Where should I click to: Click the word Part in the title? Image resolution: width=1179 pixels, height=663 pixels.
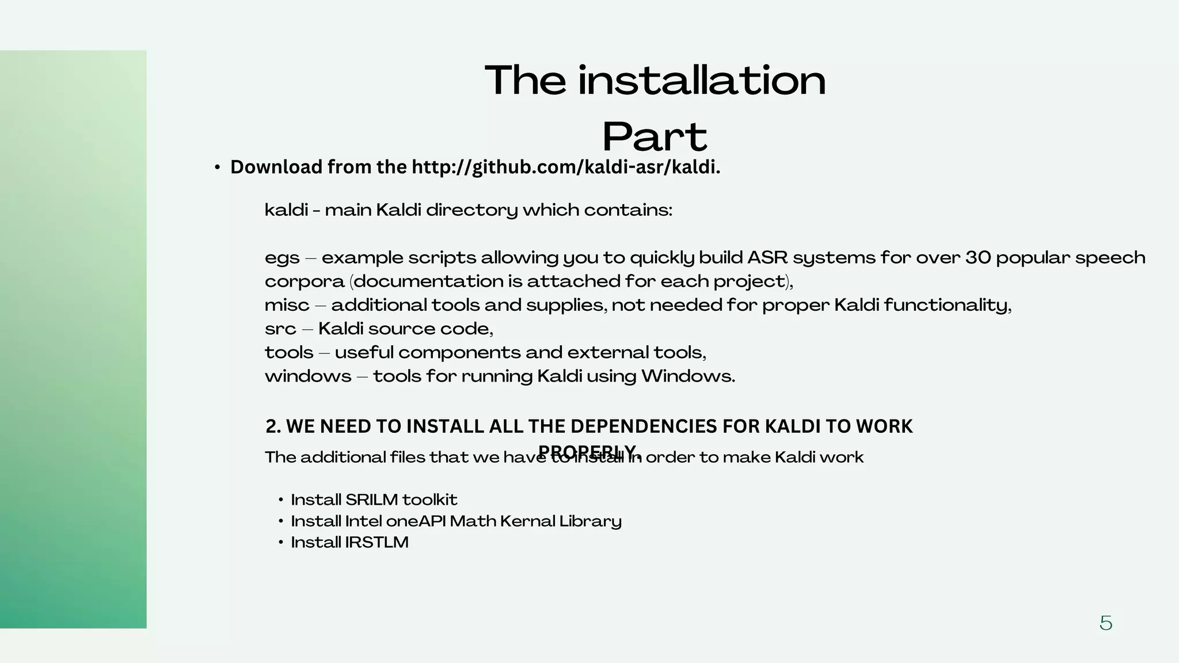coord(655,137)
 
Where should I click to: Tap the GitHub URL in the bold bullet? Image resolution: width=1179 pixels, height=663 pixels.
coord(566,167)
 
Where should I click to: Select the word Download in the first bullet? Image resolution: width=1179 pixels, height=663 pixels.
coord(276,167)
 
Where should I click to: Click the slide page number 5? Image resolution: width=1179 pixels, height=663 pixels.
coord(1105,623)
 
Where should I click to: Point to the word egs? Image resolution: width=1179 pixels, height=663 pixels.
coord(282,258)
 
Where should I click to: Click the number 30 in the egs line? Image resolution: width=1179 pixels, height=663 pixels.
coord(978,257)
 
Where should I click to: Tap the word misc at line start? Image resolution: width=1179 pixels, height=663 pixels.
coord(287,305)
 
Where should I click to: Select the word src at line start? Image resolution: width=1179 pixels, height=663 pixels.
coord(280,329)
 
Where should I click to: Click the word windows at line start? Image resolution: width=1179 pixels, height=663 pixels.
coord(308,376)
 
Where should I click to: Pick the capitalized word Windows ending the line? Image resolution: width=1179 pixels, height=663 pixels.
coord(688,376)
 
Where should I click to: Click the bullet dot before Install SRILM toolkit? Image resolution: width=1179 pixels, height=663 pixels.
coord(280,500)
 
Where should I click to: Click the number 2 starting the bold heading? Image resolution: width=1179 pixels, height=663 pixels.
coord(271,426)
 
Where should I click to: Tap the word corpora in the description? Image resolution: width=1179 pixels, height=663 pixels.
coord(304,282)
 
